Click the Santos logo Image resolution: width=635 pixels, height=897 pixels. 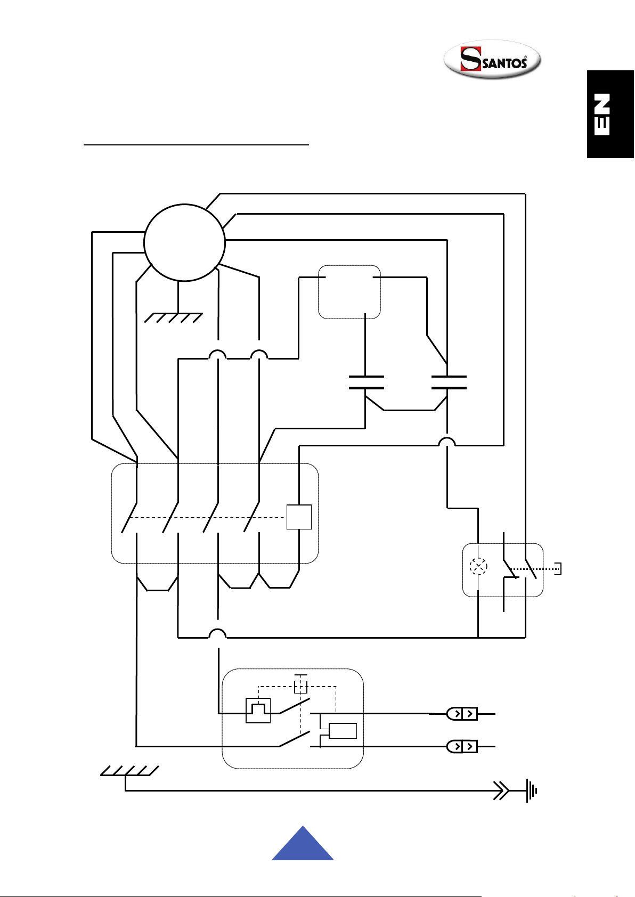(492, 59)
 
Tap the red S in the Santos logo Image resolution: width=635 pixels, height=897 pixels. (470, 59)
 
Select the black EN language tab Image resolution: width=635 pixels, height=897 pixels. (610, 114)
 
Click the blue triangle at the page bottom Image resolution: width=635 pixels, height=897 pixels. (303, 844)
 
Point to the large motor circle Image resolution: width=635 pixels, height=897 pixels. (184, 243)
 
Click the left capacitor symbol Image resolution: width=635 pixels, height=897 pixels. (367, 382)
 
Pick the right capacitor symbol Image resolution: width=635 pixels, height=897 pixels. (449, 382)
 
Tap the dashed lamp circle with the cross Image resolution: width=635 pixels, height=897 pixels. (478, 566)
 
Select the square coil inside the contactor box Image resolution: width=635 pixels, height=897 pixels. (299, 517)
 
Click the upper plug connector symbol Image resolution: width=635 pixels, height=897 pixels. (462, 714)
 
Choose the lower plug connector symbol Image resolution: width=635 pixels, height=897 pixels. (462, 746)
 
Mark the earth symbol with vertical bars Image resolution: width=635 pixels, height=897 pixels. (532, 791)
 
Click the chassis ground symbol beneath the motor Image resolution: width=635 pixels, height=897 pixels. (173, 317)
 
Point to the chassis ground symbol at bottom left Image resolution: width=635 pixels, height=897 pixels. (129, 771)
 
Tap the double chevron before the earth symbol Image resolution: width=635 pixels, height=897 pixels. (501, 791)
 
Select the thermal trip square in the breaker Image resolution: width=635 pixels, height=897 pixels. (258, 711)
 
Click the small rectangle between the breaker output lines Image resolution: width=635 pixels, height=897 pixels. (343, 731)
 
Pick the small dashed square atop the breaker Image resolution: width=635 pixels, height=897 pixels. (300, 687)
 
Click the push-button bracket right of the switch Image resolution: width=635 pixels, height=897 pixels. (558, 569)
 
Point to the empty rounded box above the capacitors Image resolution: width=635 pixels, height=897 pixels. (349, 292)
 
